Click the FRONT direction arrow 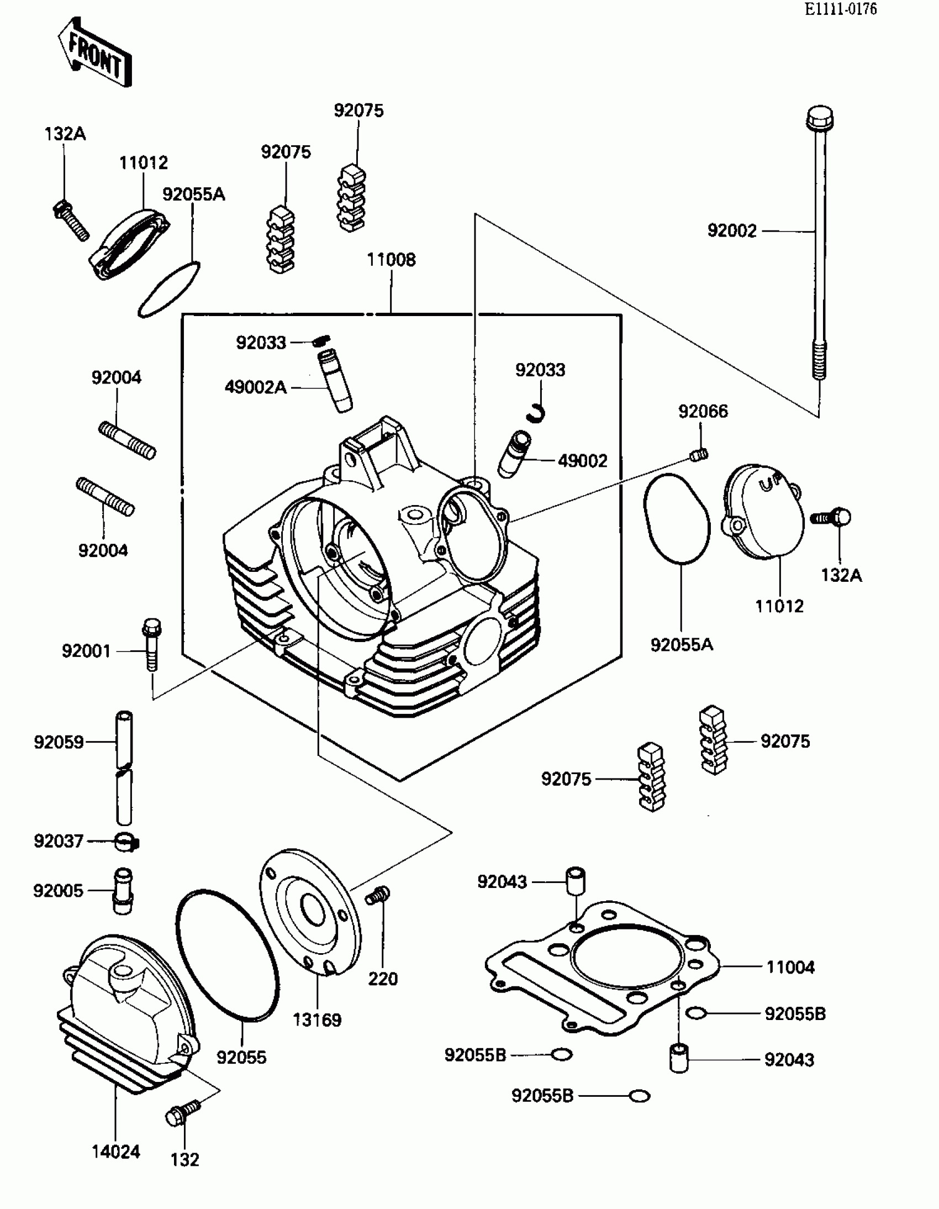(95, 52)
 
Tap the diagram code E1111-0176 (841, 9)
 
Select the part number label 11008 (391, 260)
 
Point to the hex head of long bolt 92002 (820, 117)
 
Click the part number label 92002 (731, 231)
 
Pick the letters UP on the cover (769, 483)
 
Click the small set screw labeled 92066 (699, 455)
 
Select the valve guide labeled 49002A (335, 380)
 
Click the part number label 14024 (115, 1152)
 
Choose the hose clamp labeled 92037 (126, 843)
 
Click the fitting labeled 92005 (123, 890)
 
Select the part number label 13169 (317, 1019)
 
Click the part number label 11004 (790, 967)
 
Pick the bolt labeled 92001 (151, 643)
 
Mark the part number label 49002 (582, 461)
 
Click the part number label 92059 (59, 742)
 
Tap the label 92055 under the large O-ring (241, 1057)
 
